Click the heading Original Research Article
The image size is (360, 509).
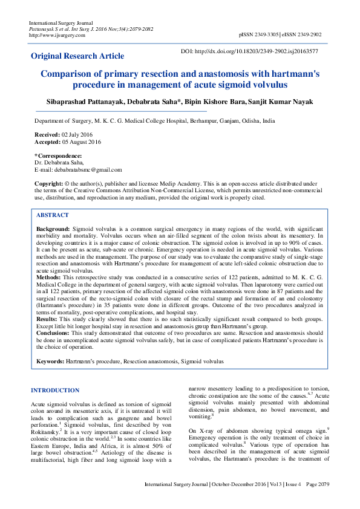click(x=77, y=56)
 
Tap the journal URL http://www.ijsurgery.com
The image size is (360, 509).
click(x=57, y=34)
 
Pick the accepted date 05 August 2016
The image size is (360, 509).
click(x=82, y=141)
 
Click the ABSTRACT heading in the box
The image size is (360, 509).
click(x=52, y=215)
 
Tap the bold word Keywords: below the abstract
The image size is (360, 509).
click(x=50, y=361)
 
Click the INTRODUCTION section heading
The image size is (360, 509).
click(x=55, y=391)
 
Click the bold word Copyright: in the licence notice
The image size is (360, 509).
click(x=48, y=183)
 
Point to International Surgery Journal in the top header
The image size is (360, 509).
click(x=59, y=22)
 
